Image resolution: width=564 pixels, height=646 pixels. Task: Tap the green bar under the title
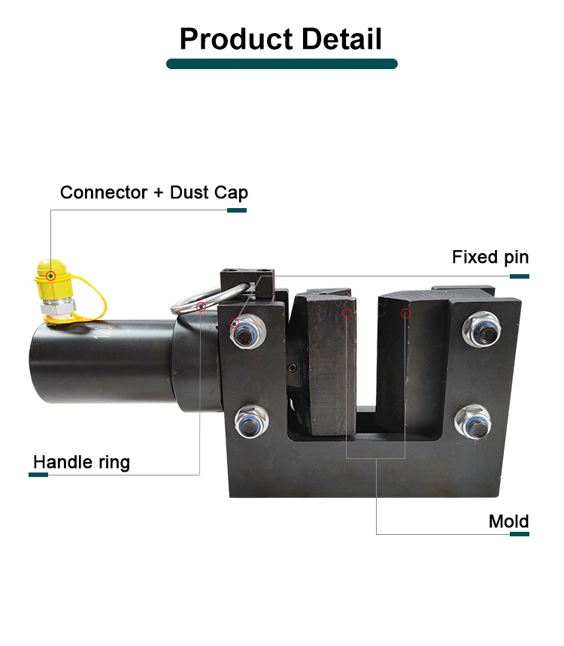point(281,65)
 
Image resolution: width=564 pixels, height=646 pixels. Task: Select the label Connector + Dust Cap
point(153,192)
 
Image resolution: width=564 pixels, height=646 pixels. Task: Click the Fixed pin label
point(490,258)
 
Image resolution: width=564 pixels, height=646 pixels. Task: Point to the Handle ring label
point(81,461)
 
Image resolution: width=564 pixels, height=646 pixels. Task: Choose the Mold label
point(508,521)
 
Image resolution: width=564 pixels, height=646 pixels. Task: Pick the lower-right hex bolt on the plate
point(472,421)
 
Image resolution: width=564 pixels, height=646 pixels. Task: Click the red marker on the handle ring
point(201,306)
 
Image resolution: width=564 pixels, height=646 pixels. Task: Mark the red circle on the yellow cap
point(50,276)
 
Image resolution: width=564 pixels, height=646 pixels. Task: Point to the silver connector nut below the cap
point(58,305)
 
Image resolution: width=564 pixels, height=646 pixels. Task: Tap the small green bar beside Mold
point(519,534)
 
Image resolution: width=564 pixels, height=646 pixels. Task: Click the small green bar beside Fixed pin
point(519,276)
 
